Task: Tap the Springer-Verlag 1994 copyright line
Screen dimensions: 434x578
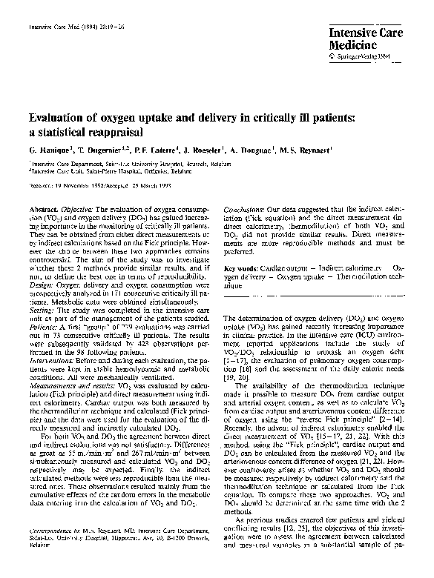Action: click(x=361, y=56)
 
